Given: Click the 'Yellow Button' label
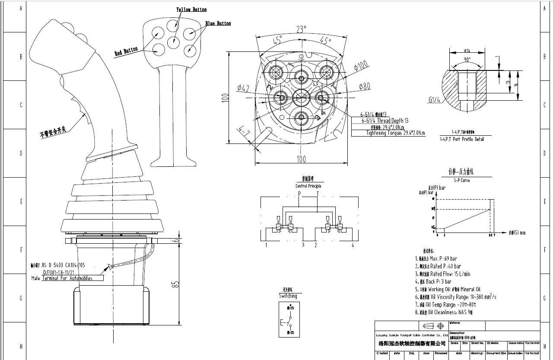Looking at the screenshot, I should pos(191,10).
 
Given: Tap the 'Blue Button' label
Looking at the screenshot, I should pos(218,23).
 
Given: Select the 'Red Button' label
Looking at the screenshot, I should pos(126,51).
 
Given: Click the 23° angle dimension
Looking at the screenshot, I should pos(301,29).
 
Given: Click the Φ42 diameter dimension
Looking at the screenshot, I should pos(243,89).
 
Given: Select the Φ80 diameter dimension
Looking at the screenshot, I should pos(364,87).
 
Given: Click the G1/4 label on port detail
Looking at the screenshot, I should pos(434,100).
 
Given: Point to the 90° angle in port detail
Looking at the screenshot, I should pos(467,60).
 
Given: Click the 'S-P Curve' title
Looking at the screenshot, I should pos(462,180).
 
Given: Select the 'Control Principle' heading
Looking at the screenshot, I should pos(308,186).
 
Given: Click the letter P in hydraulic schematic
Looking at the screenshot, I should pos(299,194).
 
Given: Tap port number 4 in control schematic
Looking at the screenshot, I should pos(353,245).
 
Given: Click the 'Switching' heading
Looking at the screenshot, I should pos(288,296).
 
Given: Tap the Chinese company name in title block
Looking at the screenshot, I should pos(412,344).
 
